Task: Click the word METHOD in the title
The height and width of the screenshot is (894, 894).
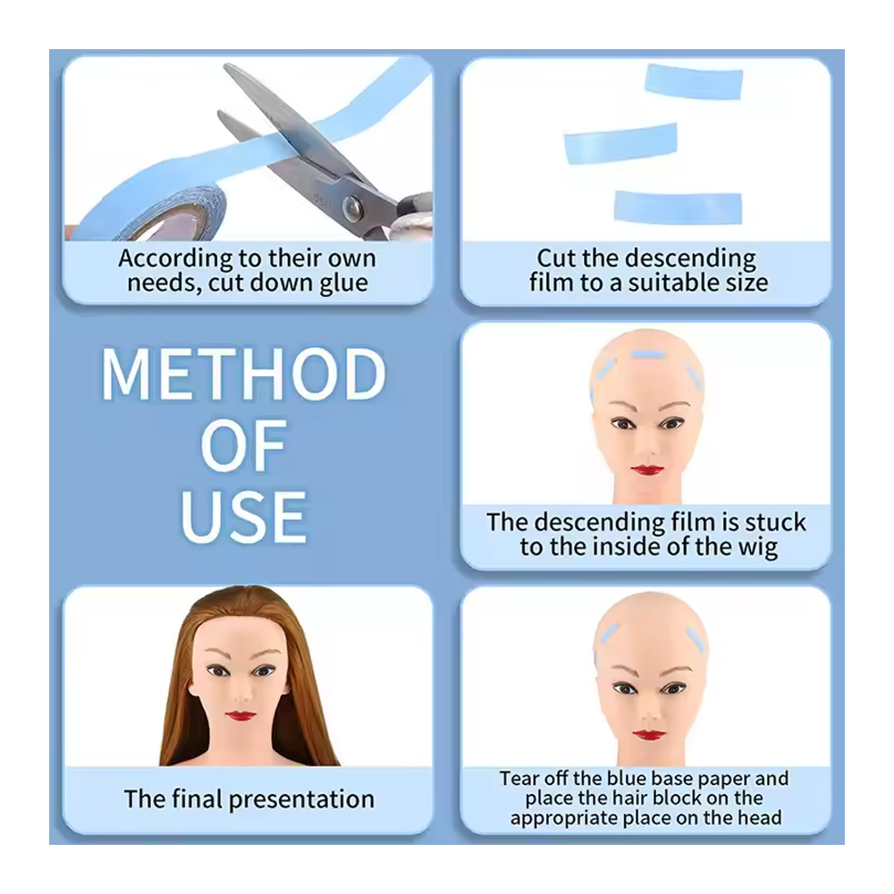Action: [244, 374]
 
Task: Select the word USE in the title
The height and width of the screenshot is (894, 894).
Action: [244, 517]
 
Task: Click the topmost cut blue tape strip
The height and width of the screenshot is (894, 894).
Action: [694, 81]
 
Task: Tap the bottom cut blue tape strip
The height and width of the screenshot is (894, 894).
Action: [678, 207]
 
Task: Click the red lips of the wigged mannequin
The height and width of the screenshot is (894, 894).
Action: [240, 715]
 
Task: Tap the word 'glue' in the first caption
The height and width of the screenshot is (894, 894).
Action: [343, 283]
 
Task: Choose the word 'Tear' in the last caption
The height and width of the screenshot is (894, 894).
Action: [519, 779]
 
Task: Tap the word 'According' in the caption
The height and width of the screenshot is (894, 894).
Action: [175, 259]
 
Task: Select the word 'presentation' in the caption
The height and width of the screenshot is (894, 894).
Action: [301, 800]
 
